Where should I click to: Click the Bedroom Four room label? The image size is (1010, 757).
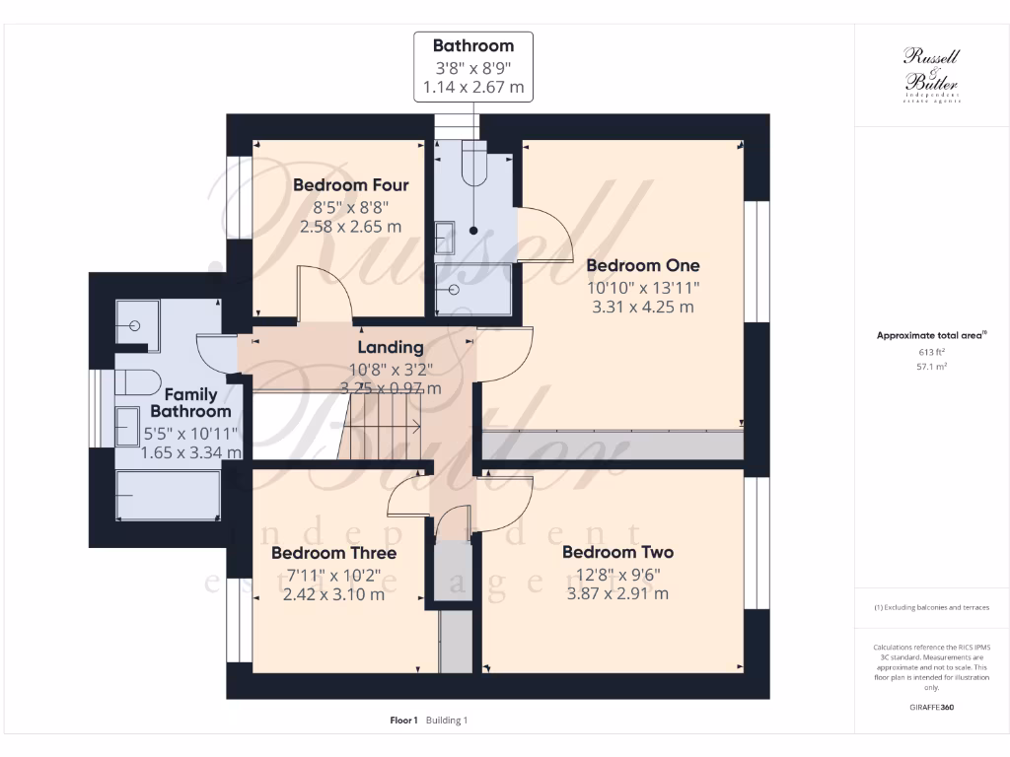(x=350, y=184)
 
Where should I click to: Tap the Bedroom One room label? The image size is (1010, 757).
(x=642, y=265)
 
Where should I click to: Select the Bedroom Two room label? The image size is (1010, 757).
(x=617, y=552)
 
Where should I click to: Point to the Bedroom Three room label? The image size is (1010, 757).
(x=333, y=553)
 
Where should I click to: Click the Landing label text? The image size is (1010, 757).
(x=390, y=347)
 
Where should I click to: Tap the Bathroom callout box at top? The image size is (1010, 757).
(x=473, y=66)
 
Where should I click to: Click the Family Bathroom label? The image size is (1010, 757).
(x=190, y=403)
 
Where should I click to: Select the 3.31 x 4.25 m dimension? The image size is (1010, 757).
(x=642, y=307)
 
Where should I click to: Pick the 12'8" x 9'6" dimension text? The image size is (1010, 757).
(x=617, y=574)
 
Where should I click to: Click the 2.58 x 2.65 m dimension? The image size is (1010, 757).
(x=350, y=227)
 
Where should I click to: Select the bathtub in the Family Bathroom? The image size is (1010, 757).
(x=168, y=495)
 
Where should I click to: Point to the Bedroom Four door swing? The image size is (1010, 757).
(x=325, y=292)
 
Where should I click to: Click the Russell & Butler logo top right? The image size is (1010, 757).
(x=931, y=74)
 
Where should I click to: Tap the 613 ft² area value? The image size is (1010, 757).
(x=931, y=351)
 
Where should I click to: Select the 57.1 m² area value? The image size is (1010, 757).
(x=931, y=366)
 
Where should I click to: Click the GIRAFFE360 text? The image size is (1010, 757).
(x=931, y=708)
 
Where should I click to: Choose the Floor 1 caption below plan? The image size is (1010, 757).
(x=404, y=721)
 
